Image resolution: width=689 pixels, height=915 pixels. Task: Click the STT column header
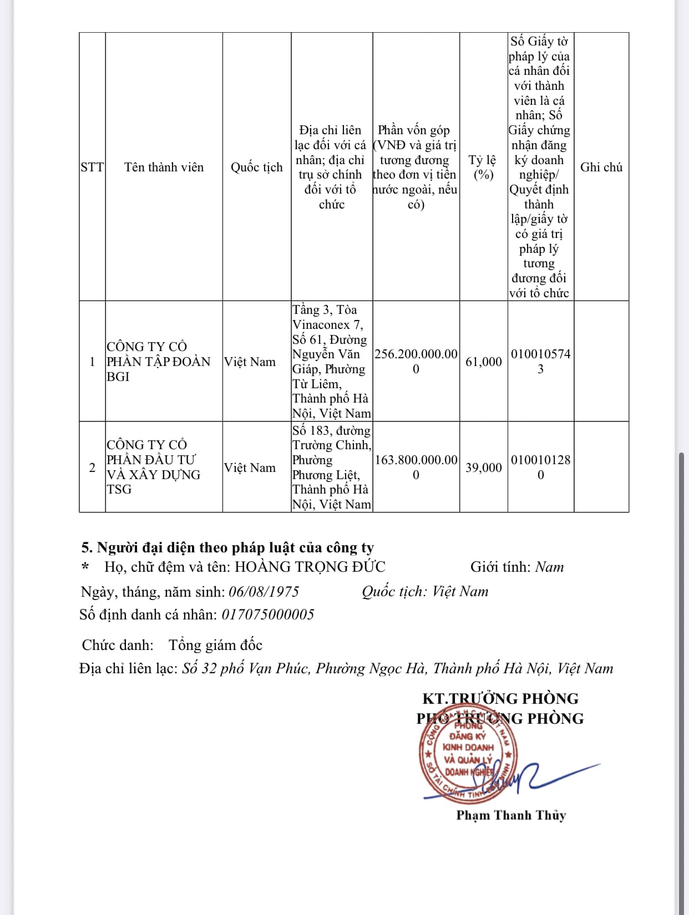click(92, 167)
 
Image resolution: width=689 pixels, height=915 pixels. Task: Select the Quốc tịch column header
click(256, 167)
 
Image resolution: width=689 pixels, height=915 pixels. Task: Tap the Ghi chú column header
click(601, 167)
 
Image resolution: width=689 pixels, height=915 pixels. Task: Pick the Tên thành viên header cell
click(164, 167)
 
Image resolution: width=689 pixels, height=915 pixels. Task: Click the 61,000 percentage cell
click(483, 362)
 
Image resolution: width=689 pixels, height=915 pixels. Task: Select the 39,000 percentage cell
click(483, 467)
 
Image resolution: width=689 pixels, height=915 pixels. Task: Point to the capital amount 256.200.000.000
click(416, 362)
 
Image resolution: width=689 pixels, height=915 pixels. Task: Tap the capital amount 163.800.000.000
click(416, 467)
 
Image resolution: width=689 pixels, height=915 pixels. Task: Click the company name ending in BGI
click(158, 362)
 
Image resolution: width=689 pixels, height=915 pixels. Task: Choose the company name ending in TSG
click(154, 467)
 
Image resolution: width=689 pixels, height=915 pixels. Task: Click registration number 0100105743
click(540, 362)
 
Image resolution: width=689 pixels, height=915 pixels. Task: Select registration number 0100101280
click(540, 467)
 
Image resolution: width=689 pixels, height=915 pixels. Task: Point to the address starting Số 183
click(331, 467)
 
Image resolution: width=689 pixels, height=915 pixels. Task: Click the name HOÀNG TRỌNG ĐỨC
click(310, 567)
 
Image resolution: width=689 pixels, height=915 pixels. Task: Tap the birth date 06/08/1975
click(264, 592)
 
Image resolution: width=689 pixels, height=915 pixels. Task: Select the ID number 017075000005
click(267, 614)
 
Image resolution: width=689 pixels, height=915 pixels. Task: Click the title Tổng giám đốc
click(215, 645)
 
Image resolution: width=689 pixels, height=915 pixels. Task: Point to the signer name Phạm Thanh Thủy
click(511, 815)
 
